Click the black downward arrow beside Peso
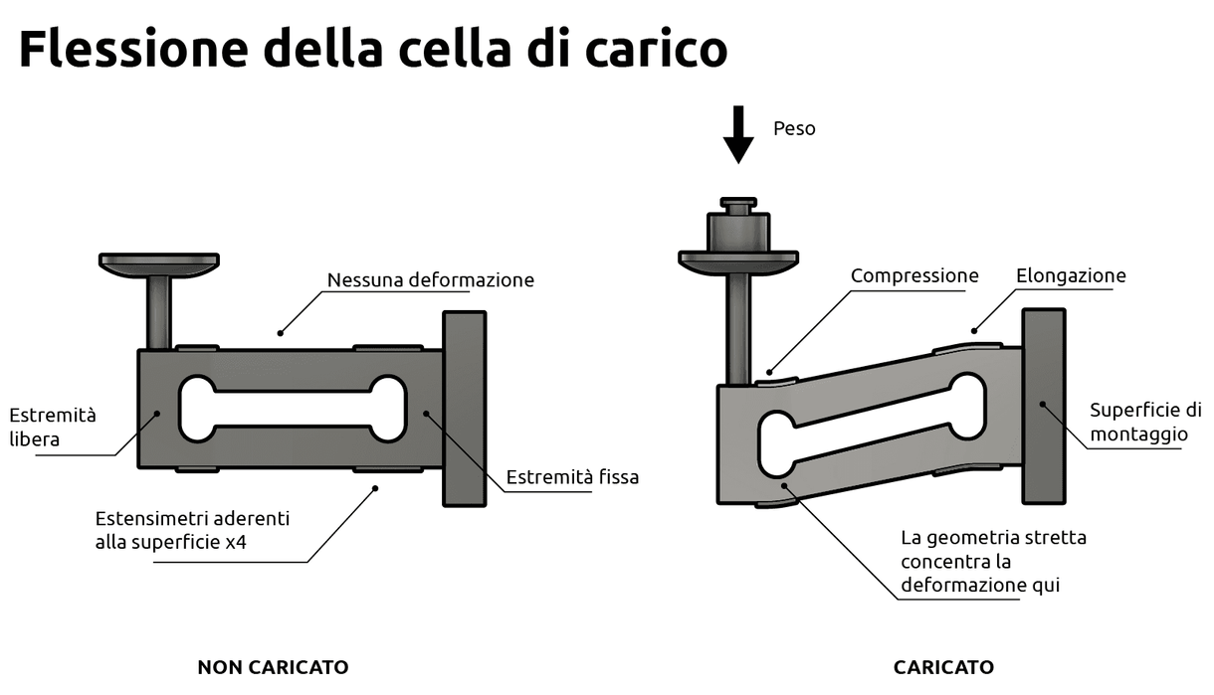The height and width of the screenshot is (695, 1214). point(737,134)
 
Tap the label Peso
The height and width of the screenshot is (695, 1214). point(794,129)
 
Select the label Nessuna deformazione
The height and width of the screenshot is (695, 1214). point(430,280)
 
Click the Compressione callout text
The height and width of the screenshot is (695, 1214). point(913,276)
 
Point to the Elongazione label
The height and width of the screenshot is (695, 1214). point(1071,276)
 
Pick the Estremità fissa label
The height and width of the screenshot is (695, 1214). point(572,477)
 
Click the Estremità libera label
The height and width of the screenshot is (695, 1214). point(53,427)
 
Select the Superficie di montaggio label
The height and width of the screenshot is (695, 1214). point(1144,422)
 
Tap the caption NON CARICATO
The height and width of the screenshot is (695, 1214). point(273,667)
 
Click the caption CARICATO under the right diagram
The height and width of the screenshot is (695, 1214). point(943,667)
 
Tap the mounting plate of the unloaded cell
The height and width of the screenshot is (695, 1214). point(464,409)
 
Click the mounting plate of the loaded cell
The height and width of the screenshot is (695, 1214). point(1044,407)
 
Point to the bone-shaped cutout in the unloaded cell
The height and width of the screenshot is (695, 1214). point(292,409)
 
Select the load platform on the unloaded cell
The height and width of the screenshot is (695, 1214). point(159,262)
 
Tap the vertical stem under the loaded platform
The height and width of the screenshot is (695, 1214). point(737,328)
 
